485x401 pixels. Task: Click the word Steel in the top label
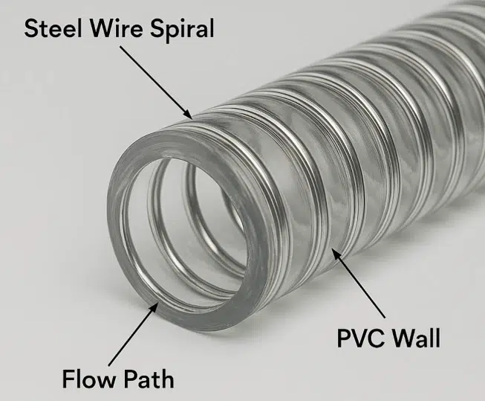53,28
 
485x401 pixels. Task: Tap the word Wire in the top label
117,28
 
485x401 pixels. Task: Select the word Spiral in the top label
182,30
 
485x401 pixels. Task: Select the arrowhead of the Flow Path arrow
154,307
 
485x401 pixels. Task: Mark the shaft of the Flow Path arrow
134,333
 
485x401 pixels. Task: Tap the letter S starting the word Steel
31,28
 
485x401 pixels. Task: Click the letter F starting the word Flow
68,379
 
